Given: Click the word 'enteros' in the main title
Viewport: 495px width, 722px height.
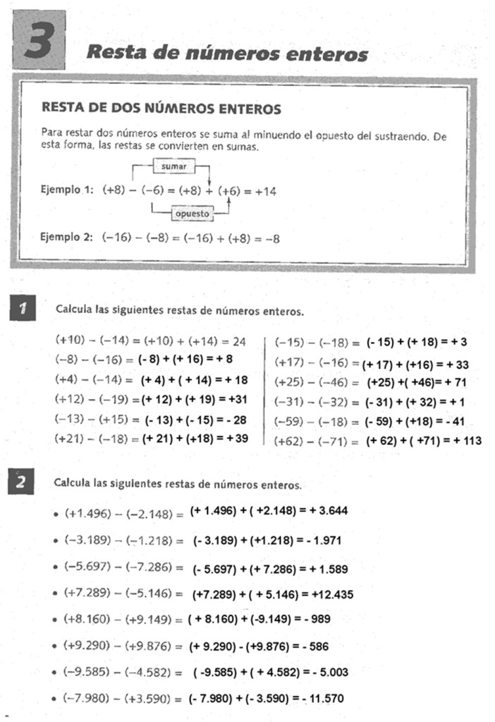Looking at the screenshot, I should pyautogui.click(x=326, y=54).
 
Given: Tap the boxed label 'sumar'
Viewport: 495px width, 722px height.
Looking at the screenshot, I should pyautogui.click(x=173, y=167).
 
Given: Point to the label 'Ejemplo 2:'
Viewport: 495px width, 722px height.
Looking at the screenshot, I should pyautogui.click(x=67, y=238).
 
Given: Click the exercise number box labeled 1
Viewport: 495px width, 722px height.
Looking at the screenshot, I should pyautogui.click(x=24, y=308).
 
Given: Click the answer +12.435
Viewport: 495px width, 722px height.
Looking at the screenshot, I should pyautogui.click(x=330, y=594).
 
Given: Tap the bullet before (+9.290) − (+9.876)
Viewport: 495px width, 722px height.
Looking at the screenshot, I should pyautogui.click(x=56, y=646).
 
